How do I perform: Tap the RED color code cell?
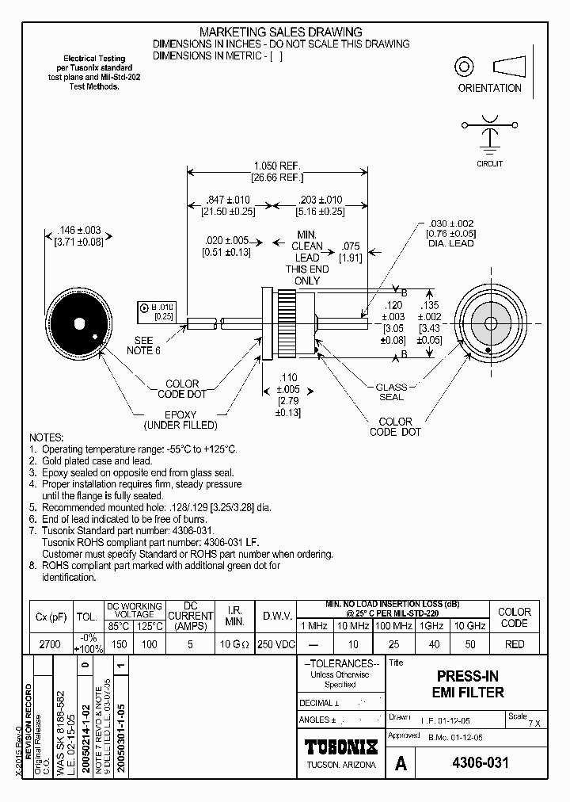click(x=515, y=644)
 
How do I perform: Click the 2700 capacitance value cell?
click(x=50, y=644)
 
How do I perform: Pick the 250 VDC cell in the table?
click(x=277, y=644)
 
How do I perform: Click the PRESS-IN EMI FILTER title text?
click(x=469, y=684)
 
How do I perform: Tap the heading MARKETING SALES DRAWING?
click(x=281, y=32)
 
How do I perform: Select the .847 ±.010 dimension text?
click(x=229, y=200)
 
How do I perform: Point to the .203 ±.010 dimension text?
click(x=321, y=200)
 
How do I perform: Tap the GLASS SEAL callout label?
click(x=391, y=392)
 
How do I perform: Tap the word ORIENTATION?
click(x=490, y=88)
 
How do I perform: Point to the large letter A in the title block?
click(x=401, y=763)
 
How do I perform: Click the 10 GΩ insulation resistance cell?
click(x=235, y=644)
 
